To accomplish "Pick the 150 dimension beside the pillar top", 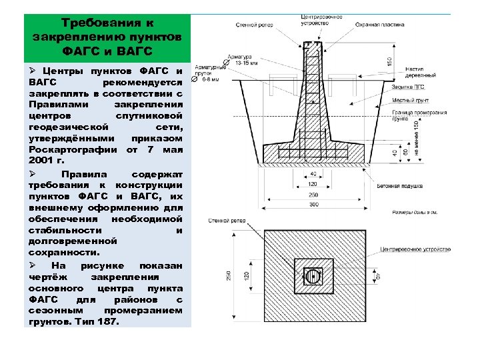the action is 389,61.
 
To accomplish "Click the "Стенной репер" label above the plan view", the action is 225,220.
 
